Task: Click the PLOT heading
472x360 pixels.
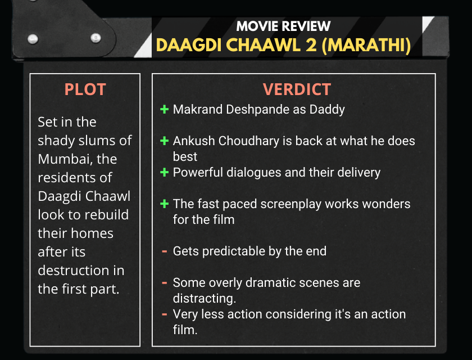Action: (x=85, y=89)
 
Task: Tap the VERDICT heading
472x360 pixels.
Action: (x=297, y=89)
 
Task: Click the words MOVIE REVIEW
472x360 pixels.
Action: (x=283, y=26)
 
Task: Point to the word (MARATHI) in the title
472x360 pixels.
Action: (x=366, y=46)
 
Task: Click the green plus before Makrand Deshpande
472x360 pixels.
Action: (x=164, y=109)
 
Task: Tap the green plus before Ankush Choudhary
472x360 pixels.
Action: (x=164, y=141)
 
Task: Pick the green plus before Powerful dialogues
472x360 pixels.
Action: (x=164, y=172)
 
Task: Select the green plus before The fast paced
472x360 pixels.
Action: (x=164, y=204)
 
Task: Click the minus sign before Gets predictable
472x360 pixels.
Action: (x=164, y=251)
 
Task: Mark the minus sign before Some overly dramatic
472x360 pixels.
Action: (x=164, y=282)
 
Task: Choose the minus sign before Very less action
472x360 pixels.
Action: (x=164, y=314)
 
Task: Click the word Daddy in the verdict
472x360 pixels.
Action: (x=327, y=110)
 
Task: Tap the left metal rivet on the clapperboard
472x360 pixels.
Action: (x=33, y=39)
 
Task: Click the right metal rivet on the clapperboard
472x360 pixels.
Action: (x=96, y=38)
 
